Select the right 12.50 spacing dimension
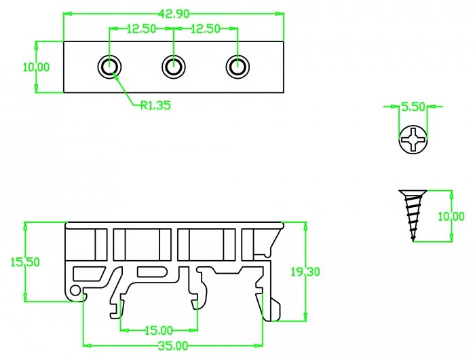[x=206, y=29]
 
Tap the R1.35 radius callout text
[x=155, y=105]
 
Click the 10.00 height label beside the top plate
[x=36, y=67]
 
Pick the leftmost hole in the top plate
[x=110, y=67]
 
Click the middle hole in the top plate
[x=174, y=67]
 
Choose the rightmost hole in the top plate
[x=237, y=67]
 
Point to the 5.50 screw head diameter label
[x=413, y=107]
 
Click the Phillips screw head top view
[x=413, y=141]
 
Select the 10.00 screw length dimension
[x=451, y=216]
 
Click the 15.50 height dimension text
[x=24, y=262]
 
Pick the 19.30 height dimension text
[x=306, y=272]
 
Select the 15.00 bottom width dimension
[x=158, y=330]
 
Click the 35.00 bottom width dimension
[x=172, y=346]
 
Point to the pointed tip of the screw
[x=413, y=238]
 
